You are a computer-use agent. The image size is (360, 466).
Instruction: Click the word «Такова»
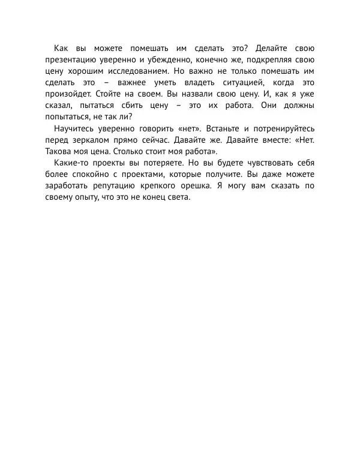pyautogui.click(x=59, y=151)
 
